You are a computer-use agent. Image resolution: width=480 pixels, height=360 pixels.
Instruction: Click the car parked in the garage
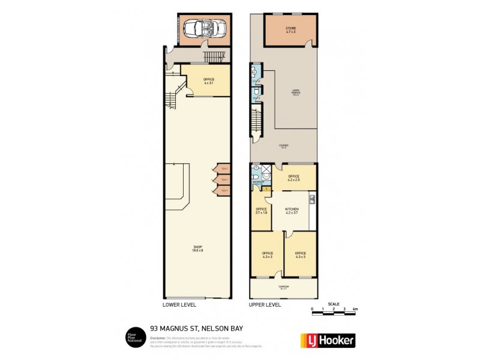(201, 28)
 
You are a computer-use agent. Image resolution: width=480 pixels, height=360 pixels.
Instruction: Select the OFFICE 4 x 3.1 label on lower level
(209, 81)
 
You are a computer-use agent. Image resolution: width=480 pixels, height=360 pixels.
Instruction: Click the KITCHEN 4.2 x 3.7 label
(291, 211)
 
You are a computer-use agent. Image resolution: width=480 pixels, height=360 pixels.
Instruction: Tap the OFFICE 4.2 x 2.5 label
(294, 178)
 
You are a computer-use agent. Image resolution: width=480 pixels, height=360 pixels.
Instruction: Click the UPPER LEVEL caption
(265, 305)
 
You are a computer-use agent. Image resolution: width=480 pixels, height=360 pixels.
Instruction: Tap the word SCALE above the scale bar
(334, 304)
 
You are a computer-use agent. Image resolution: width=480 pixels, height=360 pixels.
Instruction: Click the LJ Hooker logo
(327, 340)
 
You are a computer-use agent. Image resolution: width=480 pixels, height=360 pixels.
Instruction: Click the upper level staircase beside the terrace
(257, 120)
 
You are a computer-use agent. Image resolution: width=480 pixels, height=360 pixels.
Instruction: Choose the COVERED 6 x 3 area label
(283, 146)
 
